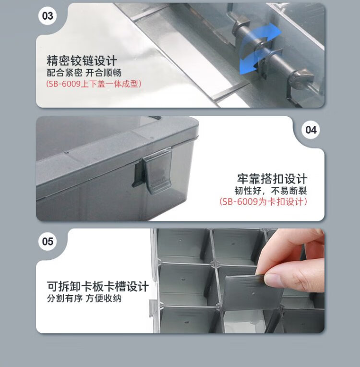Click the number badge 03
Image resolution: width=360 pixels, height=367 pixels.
[x=48, y=16]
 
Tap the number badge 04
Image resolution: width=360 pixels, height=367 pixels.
[x=311, y=130]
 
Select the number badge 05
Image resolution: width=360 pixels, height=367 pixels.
[x=48, y=241]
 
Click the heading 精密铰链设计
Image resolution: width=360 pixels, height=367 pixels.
[x=82, y=61]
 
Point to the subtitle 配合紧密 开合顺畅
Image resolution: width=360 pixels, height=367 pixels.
[x=84, y=73]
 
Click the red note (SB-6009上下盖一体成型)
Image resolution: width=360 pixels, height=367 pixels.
[x=94, y=84]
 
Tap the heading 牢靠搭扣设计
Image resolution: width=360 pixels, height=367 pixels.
[x=272, y=179]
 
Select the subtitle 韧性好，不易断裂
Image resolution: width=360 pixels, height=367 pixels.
[x=271, y=191]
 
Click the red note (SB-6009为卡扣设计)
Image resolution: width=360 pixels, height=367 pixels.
[x=263, y=202]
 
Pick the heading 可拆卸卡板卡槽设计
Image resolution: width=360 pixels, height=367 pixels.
[x=98, y=286]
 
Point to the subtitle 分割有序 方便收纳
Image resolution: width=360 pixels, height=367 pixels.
[x=84, y=298]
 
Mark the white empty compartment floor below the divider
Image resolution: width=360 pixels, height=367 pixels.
[x=243, y=321]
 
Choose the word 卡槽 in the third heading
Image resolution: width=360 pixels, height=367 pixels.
[x=115, y=286]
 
